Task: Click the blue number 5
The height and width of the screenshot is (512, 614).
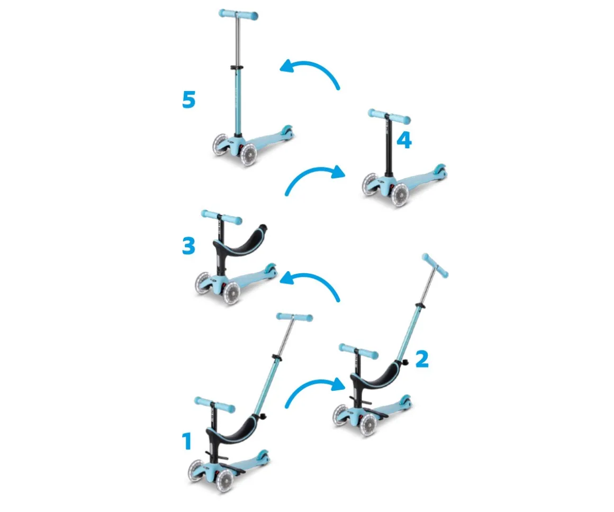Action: (189, 100)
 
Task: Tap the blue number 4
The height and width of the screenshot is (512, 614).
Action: (404, 140)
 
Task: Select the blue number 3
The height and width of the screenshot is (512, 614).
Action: (189, 246)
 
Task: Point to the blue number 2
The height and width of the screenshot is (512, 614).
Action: (422, 359)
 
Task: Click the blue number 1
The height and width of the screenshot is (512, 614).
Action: (187, 442)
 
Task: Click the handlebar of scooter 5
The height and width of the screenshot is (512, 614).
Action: (238, 14)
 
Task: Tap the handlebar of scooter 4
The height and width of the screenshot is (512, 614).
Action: (389, 116)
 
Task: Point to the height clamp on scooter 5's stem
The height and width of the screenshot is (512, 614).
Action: (236, 68)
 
